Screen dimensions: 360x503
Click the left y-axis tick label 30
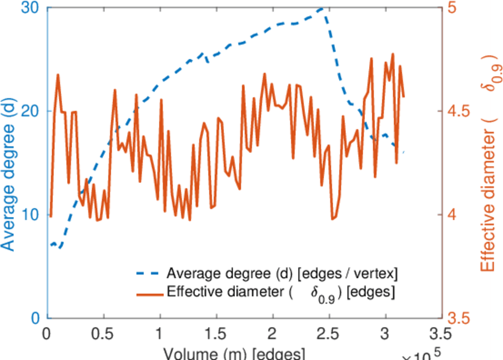click(x=31, y=8)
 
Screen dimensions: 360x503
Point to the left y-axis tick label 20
click(x=31, y=112)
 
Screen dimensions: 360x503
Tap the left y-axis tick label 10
click(x=31, y=215)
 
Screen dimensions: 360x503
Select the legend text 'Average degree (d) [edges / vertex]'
click(x=282, y=274)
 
